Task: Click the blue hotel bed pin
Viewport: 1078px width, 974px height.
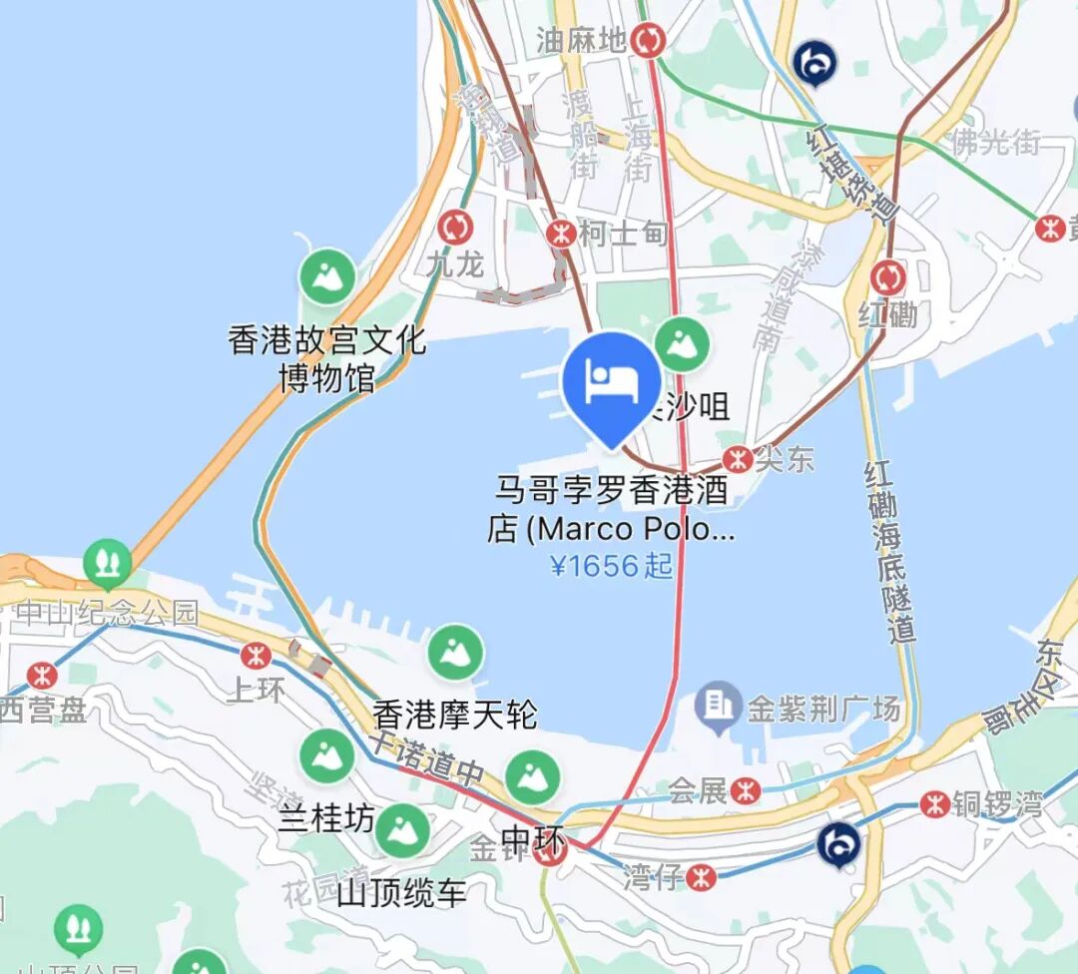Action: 612,382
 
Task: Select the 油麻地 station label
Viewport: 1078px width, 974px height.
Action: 581,40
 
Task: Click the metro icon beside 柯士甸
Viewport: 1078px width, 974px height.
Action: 561,234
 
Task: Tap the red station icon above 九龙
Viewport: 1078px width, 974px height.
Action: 456,227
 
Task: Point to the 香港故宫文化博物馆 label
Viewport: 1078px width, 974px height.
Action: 327,359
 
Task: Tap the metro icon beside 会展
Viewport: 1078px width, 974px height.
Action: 745,791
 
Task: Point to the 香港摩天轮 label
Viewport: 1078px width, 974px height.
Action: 455,715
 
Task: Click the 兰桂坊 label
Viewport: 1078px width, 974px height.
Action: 326,819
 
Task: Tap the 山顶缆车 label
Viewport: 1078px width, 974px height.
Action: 402,892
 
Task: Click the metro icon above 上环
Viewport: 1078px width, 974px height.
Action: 256,656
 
